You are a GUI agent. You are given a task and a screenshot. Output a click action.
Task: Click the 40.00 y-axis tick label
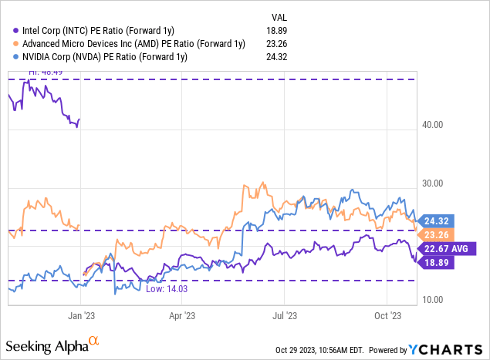(x=440, y=125)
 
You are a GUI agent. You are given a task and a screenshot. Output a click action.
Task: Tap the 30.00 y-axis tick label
(x=440, y=183)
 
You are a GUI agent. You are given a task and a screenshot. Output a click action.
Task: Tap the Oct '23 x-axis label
(x=388, y=315)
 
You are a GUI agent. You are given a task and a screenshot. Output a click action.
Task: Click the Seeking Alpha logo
(x=54, y=344)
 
